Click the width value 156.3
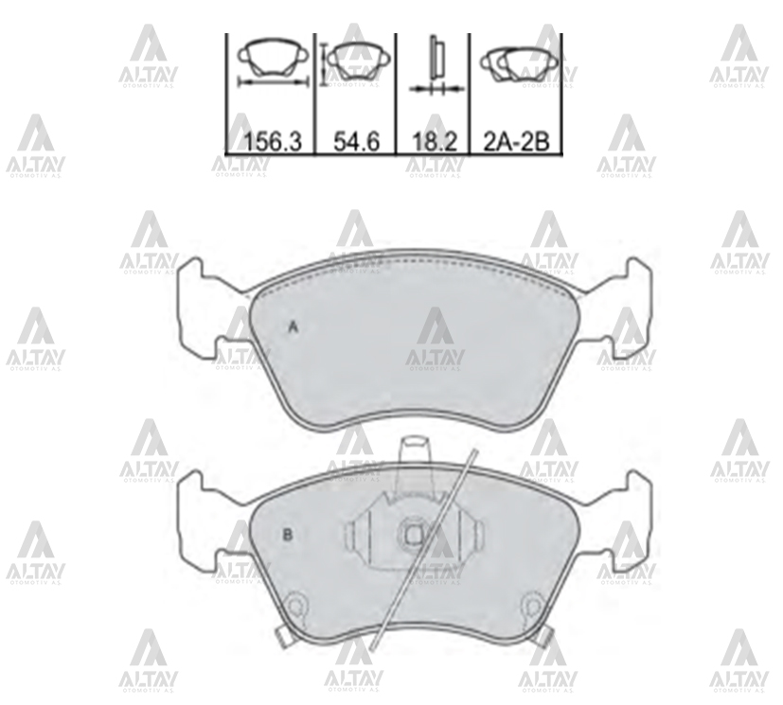tap(274, 142)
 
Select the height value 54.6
tap(357, 142)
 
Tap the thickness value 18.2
tap(435, 142)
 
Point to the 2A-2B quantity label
tap(516, 142)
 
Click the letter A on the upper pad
tap(294, 327)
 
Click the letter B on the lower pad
tap(288, 536)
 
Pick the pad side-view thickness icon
tap(436, 65)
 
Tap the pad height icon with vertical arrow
tap(351, 62)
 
